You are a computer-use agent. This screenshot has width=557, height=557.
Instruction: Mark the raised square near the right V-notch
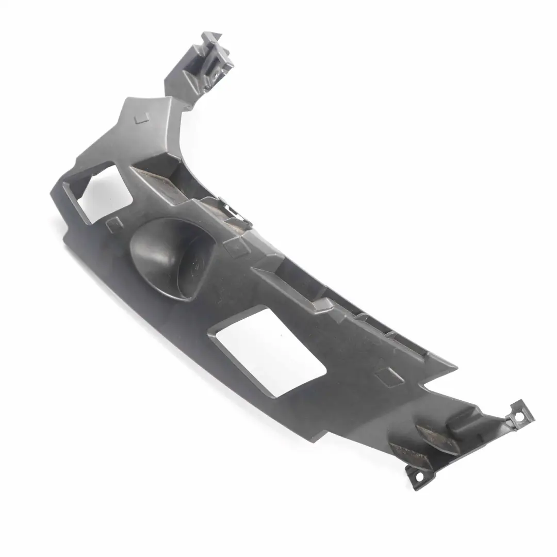389,376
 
